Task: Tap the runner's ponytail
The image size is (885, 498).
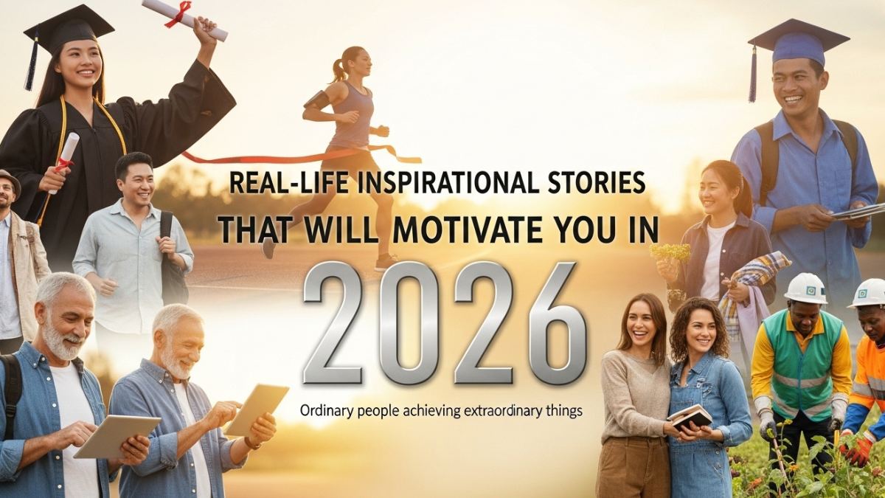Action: (x=339, y=67)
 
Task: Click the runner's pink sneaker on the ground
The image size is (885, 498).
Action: (x=386, y=263)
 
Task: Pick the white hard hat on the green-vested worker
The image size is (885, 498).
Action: (x=805, y=288)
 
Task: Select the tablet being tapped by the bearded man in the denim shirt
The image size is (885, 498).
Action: (x=255, y=409)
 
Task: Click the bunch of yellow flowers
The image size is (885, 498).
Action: (x=670, y=252)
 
